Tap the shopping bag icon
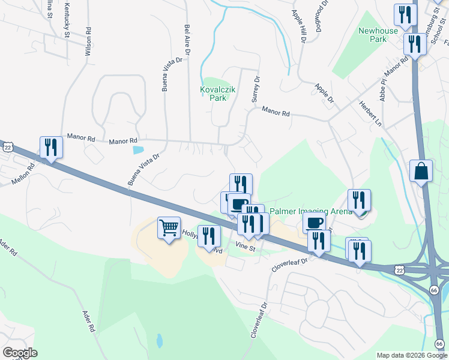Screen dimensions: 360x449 coord(421,171)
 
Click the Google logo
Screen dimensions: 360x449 coord(19,353)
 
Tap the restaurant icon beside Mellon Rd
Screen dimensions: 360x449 coord(51,147)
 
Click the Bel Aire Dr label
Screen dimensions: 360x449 coord(187,40)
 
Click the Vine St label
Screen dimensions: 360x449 coord(246,245)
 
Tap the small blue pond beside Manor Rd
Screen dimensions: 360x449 coord(138,149)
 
